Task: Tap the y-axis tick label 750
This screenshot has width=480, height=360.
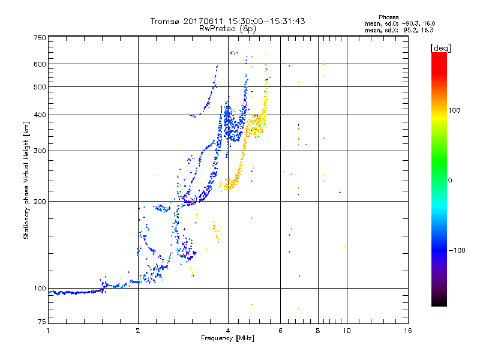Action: click(40, 38)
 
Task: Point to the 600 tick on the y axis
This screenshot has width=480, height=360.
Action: click(40, 64)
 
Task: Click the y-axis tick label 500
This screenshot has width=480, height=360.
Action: click(40, 87)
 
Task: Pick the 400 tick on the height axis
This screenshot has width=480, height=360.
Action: click(40, 115)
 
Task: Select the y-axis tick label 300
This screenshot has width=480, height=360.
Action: click(40, 151)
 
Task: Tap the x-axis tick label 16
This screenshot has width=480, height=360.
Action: click(408, 331)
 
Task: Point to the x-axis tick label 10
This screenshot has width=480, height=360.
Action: click(346, 331)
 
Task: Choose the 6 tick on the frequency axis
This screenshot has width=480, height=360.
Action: click(280, 331)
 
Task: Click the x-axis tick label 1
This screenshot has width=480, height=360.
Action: click(48, 331)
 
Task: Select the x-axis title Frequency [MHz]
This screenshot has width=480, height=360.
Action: click(227, 339)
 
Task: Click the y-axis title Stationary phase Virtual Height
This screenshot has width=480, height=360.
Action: click(26, 180)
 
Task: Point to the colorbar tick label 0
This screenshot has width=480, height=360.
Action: click(451, 180)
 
